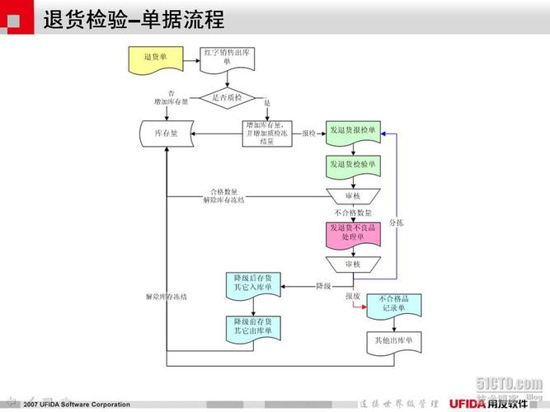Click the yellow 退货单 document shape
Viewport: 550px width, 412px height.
coord(150,59)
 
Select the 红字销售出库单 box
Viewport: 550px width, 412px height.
coord(225,59)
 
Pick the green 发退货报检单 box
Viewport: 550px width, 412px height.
coord(353,132)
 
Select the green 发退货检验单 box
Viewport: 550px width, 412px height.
coord(353,166)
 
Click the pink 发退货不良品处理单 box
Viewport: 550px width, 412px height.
coord(353,233)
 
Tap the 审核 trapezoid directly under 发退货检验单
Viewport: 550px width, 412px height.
coord(353,196)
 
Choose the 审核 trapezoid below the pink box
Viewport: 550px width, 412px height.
coord(353,264)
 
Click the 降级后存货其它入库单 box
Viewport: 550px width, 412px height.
coord(252,285)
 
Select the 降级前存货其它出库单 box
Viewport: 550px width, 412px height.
coord(252,326)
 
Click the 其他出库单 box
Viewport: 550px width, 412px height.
coord(393,340)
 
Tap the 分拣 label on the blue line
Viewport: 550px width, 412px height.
coord(397,223)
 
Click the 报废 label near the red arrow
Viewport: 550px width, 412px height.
coord(353,296)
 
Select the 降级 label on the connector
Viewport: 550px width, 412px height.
coord(324,286)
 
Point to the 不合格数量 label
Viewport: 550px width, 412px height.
coord(352,213)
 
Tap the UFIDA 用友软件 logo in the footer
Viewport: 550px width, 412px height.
coord(494,403)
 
